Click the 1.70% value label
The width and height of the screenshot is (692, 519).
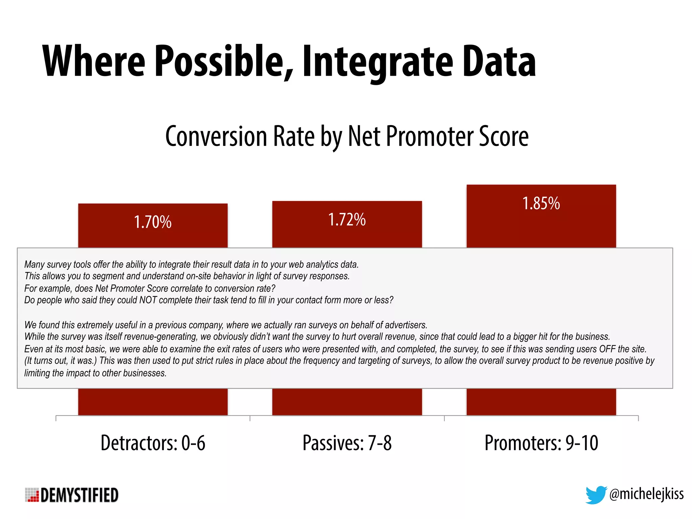pyautogui.click(x=153, y=222)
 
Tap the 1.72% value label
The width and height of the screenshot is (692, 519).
pyautogui.click(x=347, y=220)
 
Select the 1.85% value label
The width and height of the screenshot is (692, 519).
pyautogui.click(x=541, y=203)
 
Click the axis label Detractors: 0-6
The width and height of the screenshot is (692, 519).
pyautogui.click(x=153, y=443)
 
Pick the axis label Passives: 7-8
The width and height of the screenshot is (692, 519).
pyautogui.click(x=347, y=443)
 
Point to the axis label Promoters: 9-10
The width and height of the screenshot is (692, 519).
pyautogui.click(x=541, y=443)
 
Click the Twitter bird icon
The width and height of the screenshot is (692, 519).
pyautogui.click(x=596, y=495)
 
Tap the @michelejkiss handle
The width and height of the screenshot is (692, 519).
pyautogui.click(x=646, y=494)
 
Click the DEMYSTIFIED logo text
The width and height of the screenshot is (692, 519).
pyautogui.click(x=79, y=495)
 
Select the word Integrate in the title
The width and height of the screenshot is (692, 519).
pyautogui.click(x=377, y=63)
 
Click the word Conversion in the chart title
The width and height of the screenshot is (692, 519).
pyautogui.click(x=216, y=136)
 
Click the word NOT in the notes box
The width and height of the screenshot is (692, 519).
pyautogui.click(x=148, y=300)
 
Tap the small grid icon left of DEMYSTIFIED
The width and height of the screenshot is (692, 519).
pyautogui.click(x=32, y=495)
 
